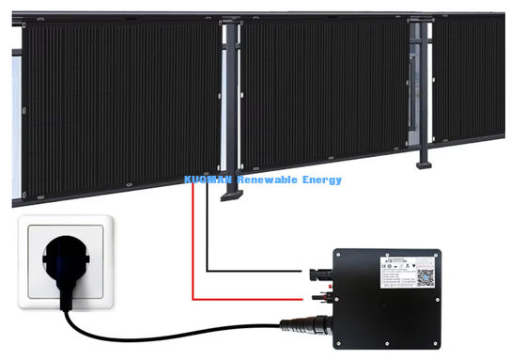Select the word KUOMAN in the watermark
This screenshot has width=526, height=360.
click(210, 180)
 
